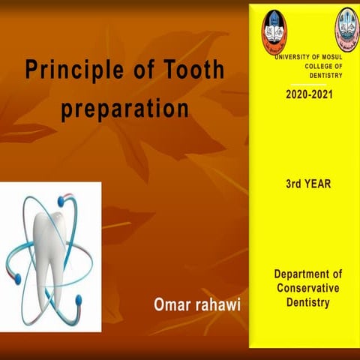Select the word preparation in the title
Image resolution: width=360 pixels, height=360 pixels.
[124, 109]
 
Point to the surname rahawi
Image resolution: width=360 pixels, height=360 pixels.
[221, 305]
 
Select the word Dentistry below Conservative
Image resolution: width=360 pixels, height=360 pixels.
[307, 302]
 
